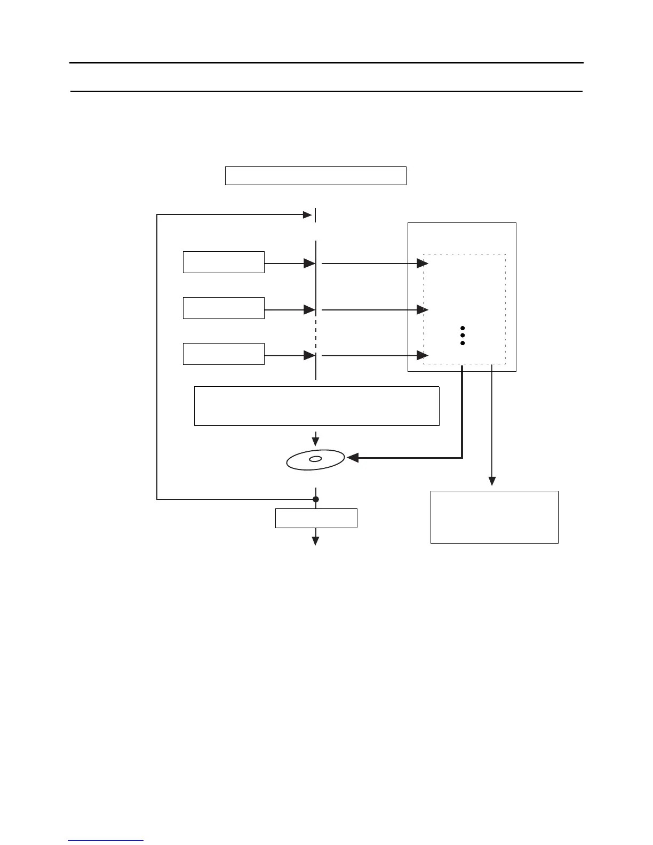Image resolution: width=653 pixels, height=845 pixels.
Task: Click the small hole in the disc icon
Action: tap(315, 459)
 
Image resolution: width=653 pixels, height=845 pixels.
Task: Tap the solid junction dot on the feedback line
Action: tap(316, 499)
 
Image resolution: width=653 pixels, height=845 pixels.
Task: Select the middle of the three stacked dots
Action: tap(463, 335)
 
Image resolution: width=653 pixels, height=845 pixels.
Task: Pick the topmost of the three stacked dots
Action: tap(463, 328)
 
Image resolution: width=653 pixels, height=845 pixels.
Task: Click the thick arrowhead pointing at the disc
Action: tap(352, 457)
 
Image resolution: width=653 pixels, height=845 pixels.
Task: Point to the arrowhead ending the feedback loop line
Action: tap(307, 215)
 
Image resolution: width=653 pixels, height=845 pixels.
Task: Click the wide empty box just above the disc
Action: tap(316, 406)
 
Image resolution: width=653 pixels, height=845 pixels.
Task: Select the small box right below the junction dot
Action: tap(316, 518)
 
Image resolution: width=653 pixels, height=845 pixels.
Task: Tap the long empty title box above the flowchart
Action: tap(315, 176)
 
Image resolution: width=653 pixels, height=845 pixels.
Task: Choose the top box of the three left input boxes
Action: tap(224, 262)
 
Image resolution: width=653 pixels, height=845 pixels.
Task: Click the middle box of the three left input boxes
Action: tap(224, 308)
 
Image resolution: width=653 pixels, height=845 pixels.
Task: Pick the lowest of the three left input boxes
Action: tap(224, 354)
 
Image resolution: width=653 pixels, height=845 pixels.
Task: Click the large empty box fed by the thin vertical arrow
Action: tap(494, 517)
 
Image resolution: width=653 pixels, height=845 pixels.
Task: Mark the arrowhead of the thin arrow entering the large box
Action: tap(492, 481)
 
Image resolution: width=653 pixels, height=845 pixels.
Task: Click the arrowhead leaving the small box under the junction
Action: tap(316, 541)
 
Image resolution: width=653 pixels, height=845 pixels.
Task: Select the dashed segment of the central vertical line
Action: tap(316, 334)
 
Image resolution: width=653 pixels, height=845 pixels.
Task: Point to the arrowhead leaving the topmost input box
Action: tap(309, 263)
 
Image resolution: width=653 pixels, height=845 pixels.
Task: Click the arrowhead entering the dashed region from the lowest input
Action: tap(423, 355)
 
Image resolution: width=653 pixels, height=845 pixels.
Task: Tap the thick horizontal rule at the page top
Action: tap(326, 63)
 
